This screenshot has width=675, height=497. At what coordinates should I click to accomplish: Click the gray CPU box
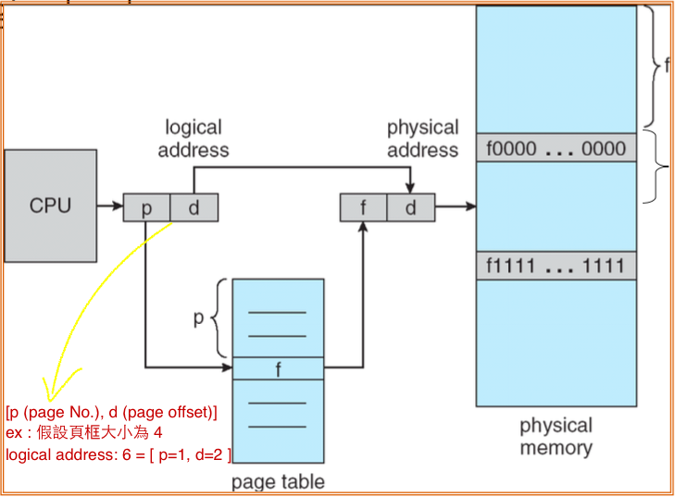point(50,205)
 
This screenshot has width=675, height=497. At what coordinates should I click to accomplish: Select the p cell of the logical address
point(147,207)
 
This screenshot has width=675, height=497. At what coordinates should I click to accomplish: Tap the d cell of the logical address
point(194,207)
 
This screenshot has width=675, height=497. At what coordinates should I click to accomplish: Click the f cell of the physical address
point(363,207)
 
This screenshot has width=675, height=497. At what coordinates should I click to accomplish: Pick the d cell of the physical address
point(411,207)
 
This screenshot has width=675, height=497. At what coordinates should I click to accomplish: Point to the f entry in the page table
point(278,368)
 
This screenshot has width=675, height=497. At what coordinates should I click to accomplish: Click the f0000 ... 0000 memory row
point(556,147)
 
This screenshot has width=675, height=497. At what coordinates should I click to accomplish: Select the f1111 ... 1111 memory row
point(556,266)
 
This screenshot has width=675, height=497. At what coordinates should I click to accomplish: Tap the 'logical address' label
point(194,139)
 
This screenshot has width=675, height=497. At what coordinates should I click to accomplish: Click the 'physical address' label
point(423,139)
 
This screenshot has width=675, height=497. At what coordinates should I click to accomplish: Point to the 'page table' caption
point(278,482)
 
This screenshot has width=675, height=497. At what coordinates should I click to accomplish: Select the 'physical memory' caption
point(556,436)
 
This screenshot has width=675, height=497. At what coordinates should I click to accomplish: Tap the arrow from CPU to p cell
point(110,205)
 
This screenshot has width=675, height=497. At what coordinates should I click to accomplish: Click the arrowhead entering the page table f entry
point(227,367)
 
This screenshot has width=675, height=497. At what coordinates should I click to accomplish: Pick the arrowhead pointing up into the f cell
point(363,227)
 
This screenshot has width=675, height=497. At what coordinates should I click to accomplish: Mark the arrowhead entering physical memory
point(470,206)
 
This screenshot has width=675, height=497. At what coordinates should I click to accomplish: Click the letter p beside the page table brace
point(198,318)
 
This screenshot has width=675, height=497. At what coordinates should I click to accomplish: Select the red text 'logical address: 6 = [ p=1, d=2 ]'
point(118,454)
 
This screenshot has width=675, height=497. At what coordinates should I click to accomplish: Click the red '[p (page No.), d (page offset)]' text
point(111,412)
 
